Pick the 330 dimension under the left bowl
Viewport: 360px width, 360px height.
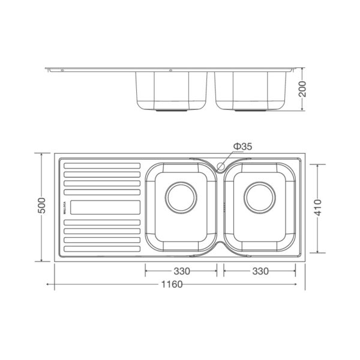pyautogui.click(x=181, y=271)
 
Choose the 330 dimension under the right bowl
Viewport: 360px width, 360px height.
pyautogui.click(x=259, y=271)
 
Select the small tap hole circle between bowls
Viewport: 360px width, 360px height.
pyautogui.click(x=221, y=166)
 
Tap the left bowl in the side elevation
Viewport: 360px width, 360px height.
pyautogui.click(x=172, y=90)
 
